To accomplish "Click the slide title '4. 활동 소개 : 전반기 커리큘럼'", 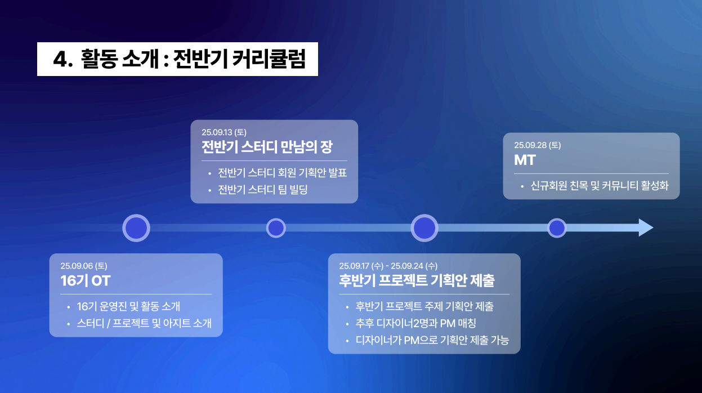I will point(178,59).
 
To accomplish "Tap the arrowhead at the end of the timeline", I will point(645,228).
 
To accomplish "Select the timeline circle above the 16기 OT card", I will point(136,228).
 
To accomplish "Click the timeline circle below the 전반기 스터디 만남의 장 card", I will point(276,228).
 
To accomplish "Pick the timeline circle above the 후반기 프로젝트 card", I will point(424,228).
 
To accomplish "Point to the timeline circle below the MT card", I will point(557,228).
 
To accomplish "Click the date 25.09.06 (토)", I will point(84,266).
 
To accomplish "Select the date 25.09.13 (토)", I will point(224,132).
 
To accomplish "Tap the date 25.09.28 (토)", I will point(538,145).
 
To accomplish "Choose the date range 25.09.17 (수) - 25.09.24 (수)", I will point(388,266).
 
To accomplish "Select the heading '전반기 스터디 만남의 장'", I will point(267,148).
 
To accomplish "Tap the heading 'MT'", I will point(525,160).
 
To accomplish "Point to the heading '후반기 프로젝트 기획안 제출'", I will point(417,280).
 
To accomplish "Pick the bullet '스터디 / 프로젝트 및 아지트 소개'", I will point(144,324).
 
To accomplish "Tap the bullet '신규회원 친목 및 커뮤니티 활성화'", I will point(600,186).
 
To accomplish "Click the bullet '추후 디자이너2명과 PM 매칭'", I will point(416,324).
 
